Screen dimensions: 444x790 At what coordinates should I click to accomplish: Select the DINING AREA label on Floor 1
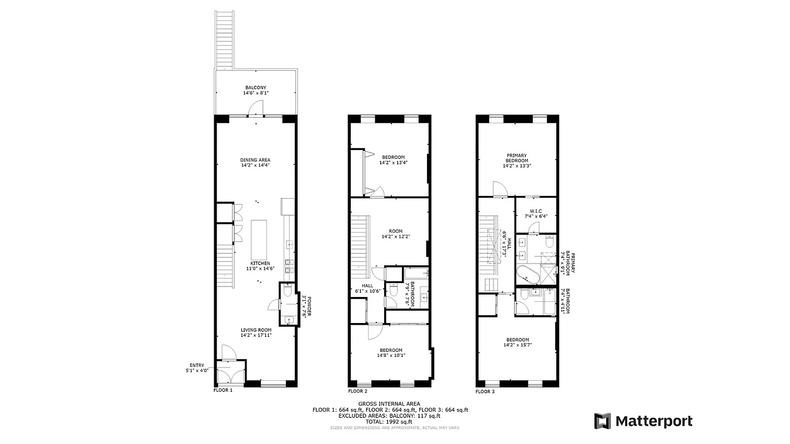click(255, 160)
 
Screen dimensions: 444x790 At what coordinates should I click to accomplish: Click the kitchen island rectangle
click(259, 238)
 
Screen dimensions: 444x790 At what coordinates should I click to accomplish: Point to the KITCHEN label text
click(260, 263)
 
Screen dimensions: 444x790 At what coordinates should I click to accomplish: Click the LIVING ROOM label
click(256, 330)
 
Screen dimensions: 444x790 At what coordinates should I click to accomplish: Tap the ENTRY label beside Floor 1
click(197, 365)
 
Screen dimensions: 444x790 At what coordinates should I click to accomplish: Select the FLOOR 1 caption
click(223, 391)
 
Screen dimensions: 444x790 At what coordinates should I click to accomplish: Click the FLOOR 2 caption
click(358, 391)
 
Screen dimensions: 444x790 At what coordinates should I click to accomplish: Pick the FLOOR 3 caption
click(485, 391)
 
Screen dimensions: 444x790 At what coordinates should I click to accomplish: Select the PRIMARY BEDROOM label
click(516, 158)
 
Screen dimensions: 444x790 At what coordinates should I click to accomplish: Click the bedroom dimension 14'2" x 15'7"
click(517, 346)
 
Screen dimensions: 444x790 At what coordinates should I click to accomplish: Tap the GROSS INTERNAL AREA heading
click(389, 403)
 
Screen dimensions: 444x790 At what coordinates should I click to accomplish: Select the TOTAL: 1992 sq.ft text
click(389, 421)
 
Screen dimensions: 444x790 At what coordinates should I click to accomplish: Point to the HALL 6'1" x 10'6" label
click(367, 288)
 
